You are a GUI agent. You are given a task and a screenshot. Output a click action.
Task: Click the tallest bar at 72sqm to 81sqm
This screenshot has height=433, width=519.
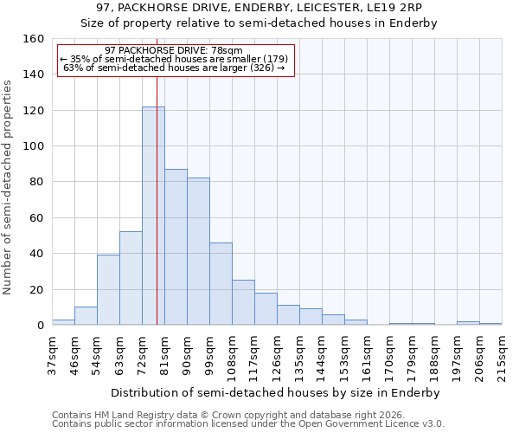[153, 216]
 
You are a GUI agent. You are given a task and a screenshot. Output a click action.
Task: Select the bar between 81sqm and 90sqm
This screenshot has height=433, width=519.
[176, 247]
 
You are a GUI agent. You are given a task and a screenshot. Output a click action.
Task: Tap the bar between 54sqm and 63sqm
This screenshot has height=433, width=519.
[108, 290]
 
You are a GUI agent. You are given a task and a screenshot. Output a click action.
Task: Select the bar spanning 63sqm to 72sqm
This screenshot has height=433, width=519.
[131, 278]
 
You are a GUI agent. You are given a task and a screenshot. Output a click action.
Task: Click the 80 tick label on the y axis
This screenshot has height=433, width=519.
[36, 182]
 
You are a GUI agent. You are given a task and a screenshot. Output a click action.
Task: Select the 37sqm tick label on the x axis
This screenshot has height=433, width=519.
[52, 355]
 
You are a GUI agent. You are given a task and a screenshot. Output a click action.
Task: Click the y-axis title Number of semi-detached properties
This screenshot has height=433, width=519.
[8, 182]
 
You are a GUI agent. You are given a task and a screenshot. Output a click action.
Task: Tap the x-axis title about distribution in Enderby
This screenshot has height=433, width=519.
[277, 392]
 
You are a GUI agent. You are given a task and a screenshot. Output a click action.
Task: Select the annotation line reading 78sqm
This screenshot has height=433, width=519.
[173, 51]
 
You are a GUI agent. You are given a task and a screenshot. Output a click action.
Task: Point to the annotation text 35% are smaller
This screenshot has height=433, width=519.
[173, 59]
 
